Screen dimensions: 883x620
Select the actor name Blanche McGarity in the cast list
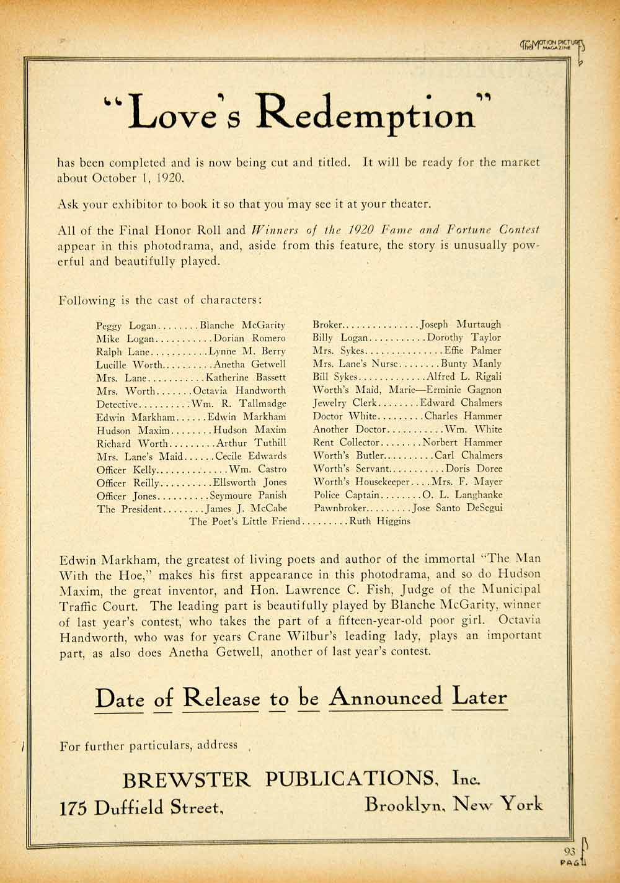click(x=243, y=325)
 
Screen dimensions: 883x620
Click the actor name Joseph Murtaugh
click(x=461, y=324)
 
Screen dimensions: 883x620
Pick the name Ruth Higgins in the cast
click(x=380, y=521)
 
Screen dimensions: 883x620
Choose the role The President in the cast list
click(x=129, y=509)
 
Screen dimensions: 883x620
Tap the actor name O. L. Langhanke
click(x=463, y=495)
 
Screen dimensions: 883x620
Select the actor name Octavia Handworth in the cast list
click(x=240, y=391)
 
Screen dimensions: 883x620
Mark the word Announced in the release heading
click(x=386, y=697)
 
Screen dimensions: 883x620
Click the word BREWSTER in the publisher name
click(x=186, y=779)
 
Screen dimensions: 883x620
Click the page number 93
click(x=570, y=851)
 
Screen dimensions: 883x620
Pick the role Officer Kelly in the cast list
click(x=126, y=470)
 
